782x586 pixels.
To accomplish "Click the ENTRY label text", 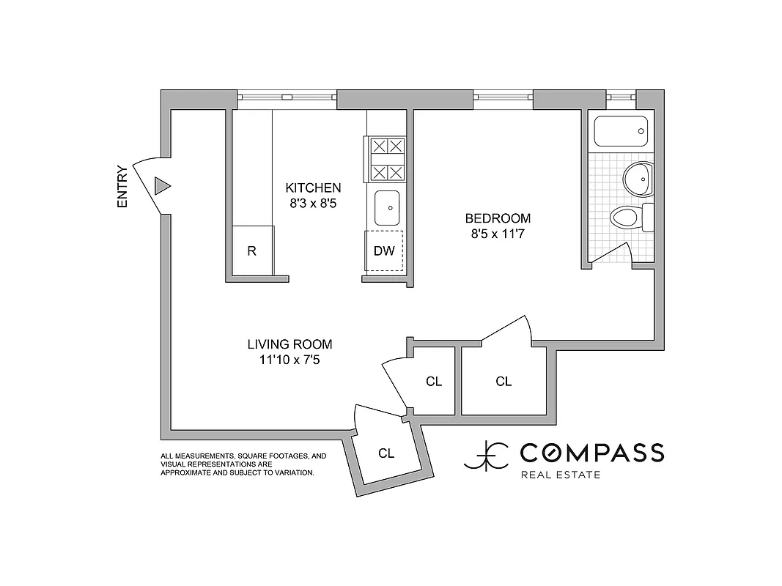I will (122, 187).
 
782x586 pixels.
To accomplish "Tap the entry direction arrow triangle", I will (162, 186).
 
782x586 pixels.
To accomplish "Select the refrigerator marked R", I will (252, 251).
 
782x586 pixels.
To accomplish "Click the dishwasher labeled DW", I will (384, 251).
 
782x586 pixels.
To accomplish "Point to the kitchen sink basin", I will (386, 207).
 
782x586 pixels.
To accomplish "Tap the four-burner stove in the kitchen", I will (386, 160).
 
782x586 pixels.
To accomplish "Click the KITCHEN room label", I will (313, 188).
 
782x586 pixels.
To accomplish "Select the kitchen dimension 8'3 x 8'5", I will (313, 204).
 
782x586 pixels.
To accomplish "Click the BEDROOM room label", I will (498, 218).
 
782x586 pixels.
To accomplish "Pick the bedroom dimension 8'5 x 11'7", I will (498, 234).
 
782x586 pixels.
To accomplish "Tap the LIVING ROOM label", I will (289, 344).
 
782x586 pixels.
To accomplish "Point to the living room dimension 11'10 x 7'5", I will (289, 360).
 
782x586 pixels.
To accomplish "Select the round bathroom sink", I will (637, 179).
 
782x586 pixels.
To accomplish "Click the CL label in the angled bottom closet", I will (386, 453).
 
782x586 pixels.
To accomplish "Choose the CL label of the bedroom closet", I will (503, 381).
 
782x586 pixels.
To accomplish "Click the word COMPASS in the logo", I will (592, 453).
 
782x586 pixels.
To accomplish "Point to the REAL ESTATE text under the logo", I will (560, 475).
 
